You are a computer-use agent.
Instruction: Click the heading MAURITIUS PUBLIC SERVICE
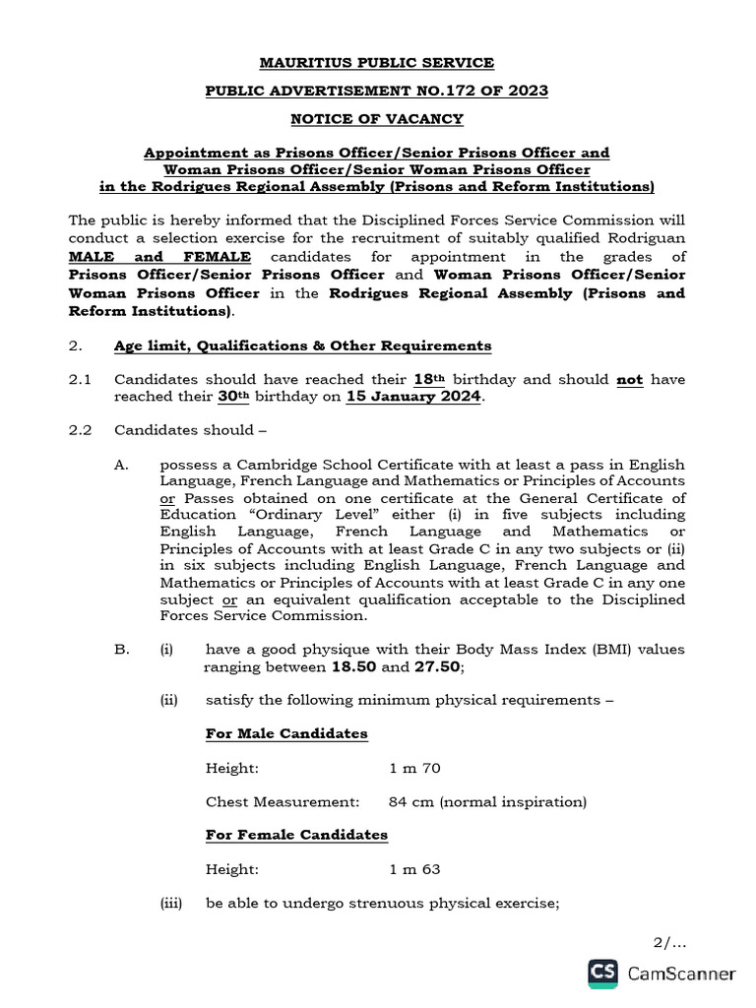376,63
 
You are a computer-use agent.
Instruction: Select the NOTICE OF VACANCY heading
376,119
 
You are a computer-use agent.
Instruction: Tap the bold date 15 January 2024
413,397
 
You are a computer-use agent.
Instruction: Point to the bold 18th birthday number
425,379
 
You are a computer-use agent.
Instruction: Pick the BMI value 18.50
349,667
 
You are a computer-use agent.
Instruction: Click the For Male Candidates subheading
286,734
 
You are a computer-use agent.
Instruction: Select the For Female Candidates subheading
296,836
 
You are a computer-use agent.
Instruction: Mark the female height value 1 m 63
414,869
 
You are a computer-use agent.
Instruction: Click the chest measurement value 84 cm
410,802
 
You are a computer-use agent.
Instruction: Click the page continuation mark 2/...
668,942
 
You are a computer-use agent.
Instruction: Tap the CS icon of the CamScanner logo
602,974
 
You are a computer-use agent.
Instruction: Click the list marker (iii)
172,903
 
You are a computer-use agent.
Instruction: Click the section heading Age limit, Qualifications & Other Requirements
302,346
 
